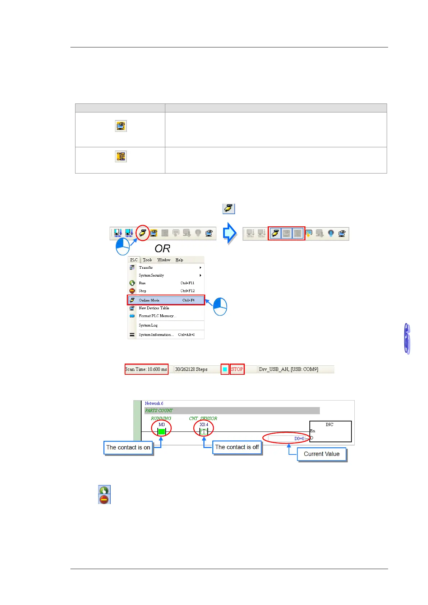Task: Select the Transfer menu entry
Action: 146,268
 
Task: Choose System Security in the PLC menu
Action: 151,276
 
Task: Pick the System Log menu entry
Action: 148,325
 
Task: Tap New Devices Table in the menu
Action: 154,308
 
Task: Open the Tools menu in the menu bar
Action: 147,260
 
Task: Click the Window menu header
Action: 164,260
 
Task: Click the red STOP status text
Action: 237,369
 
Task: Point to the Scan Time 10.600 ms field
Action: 146,369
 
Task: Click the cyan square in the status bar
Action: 225,369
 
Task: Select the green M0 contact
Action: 162,431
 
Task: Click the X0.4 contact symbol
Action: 204,431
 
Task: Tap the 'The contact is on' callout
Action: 128,448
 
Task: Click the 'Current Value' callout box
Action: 322,454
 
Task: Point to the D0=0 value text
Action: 299,439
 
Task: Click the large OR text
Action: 162,249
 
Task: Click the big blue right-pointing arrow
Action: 230,233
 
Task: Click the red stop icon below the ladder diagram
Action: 104,499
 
